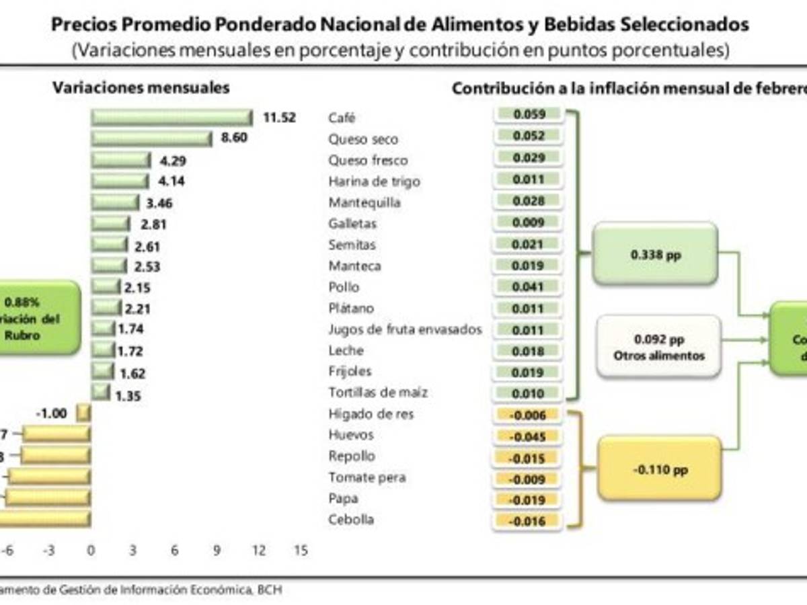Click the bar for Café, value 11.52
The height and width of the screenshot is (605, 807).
coord(171,118)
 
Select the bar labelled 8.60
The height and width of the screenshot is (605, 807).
coord(151,139)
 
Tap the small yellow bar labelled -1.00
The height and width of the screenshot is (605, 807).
coord(83,413)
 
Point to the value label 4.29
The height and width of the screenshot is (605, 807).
coord(173,161)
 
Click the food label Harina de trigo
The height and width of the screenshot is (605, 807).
coord(374,182)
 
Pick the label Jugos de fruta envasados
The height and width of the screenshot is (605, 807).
coord(405,329)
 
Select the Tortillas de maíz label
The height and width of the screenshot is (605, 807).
coord(378,393)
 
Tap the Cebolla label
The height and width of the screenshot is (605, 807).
coord(351,520)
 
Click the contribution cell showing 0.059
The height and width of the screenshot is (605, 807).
coord(529,115)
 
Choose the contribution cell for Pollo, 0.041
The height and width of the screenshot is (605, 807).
coord(529,286)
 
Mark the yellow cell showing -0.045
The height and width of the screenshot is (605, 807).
coord(529,436)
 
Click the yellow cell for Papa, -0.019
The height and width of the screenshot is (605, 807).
coord(529,499)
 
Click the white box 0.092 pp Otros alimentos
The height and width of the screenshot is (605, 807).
coord(658,346)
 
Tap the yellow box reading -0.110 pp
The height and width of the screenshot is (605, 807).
coord(660,469)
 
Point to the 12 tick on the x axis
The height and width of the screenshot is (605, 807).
coord(259,551)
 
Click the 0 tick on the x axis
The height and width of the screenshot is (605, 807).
coord(91,551)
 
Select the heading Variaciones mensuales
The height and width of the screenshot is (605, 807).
coord(141,87)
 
